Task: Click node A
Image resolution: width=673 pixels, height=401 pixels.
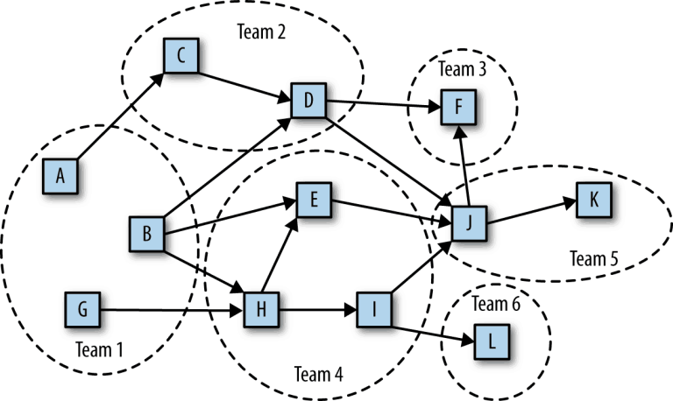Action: click(60, 176)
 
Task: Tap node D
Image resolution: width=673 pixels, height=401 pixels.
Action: click(308, 102)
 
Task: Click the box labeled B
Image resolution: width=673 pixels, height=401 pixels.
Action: click(146, 233)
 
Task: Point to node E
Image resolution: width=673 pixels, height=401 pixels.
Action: click(314, 201)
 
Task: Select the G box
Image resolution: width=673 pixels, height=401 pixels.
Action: click(82, 310)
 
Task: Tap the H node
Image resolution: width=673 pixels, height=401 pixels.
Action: click(260, 310)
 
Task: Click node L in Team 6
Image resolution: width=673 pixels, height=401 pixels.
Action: click(491, 341)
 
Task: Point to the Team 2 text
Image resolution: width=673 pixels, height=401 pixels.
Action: click(261, 31)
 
